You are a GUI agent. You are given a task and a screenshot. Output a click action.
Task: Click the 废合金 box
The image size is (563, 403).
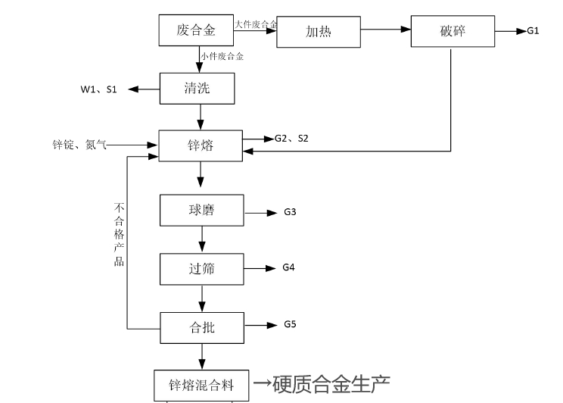[x=196, y=30]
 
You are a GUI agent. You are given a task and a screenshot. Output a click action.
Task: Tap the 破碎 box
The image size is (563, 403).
[x=452, y=31]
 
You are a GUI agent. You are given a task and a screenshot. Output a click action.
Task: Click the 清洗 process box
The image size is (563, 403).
[x=197, y=89]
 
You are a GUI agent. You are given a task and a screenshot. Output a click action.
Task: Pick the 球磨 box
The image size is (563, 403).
[x=202, y=210]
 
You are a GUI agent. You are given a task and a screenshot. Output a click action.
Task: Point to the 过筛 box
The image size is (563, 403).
[x=202, y=268]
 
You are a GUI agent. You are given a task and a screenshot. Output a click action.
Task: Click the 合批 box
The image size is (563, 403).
[x=202, y=326]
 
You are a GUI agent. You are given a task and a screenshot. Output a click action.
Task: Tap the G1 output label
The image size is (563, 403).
[x=533, y=31]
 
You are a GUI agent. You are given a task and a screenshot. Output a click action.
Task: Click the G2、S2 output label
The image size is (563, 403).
[x=291, y=139]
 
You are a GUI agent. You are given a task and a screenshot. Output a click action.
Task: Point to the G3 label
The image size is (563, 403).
[x=289, y=211]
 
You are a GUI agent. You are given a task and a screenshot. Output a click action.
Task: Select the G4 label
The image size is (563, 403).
[x=288, y=267]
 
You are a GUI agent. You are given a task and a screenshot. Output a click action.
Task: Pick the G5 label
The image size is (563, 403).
[x=290, y=325]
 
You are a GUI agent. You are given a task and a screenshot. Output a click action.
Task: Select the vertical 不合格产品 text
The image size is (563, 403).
[x=119, y=234]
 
